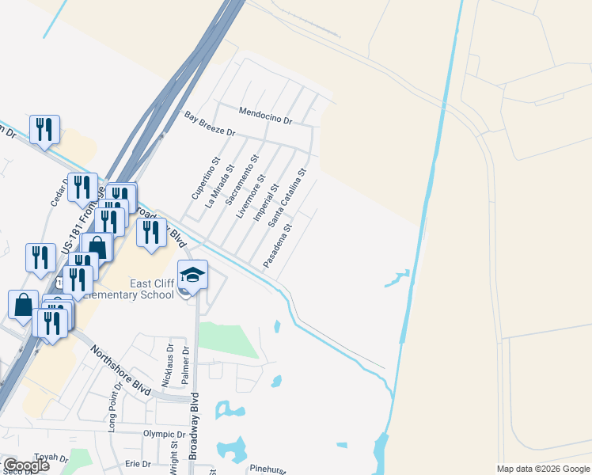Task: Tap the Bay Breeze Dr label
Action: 211,124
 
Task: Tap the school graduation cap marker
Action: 192,275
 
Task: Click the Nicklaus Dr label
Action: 168,364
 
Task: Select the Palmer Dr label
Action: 187,365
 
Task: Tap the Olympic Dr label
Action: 164,435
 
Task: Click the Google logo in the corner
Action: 26,465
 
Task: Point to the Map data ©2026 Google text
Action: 543,469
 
